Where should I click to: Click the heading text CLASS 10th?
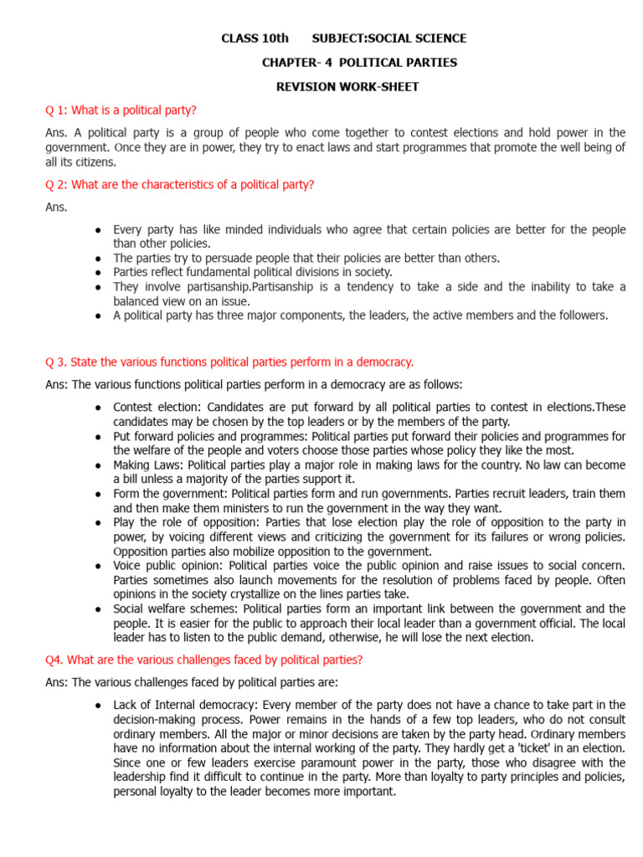click(255, 38)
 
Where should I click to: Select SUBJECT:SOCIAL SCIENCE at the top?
click(389, 38)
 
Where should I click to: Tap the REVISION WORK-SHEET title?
click(347, 86)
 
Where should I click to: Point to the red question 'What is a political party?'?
click(134, 110)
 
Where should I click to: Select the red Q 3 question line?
click(229, 362)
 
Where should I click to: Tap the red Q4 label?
click(54, 659)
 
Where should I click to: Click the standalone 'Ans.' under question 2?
click(56, 207)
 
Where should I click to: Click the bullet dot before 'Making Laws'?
click(99, 465)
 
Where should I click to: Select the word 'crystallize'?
click(270, 594)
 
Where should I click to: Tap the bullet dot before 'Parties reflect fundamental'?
click(99, 272)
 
